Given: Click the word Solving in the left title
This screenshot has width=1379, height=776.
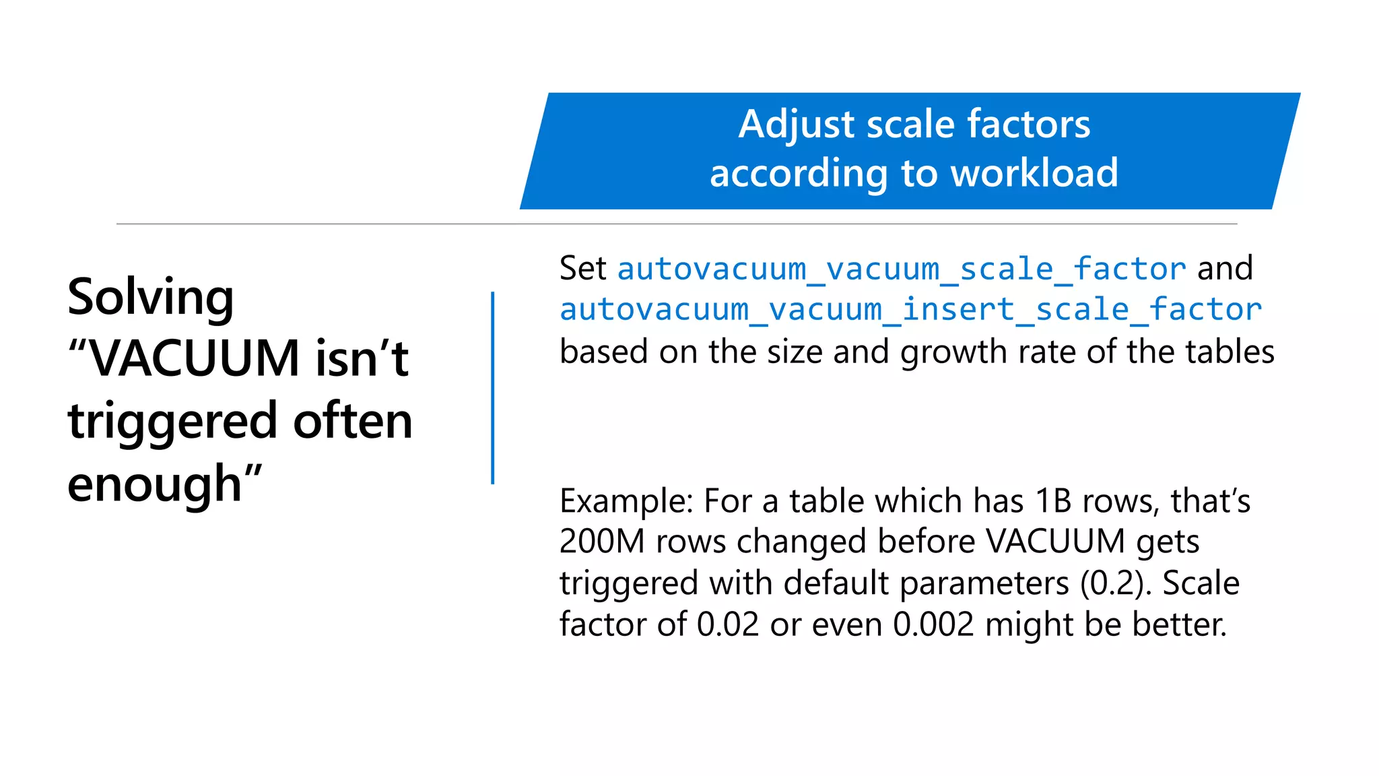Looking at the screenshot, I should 150,297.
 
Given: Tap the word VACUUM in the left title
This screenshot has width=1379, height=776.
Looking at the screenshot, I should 194,358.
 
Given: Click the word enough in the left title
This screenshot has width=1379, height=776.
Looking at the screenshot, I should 154,484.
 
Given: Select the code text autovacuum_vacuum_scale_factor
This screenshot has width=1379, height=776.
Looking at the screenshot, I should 902,269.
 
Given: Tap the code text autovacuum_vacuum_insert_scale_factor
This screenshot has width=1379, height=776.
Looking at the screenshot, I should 910,310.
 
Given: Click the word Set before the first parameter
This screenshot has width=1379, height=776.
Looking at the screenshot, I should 583,269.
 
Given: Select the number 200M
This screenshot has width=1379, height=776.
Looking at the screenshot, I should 602,542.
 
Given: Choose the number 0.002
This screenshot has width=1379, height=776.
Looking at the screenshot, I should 933,624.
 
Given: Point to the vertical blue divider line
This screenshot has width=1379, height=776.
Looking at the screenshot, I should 493,387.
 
